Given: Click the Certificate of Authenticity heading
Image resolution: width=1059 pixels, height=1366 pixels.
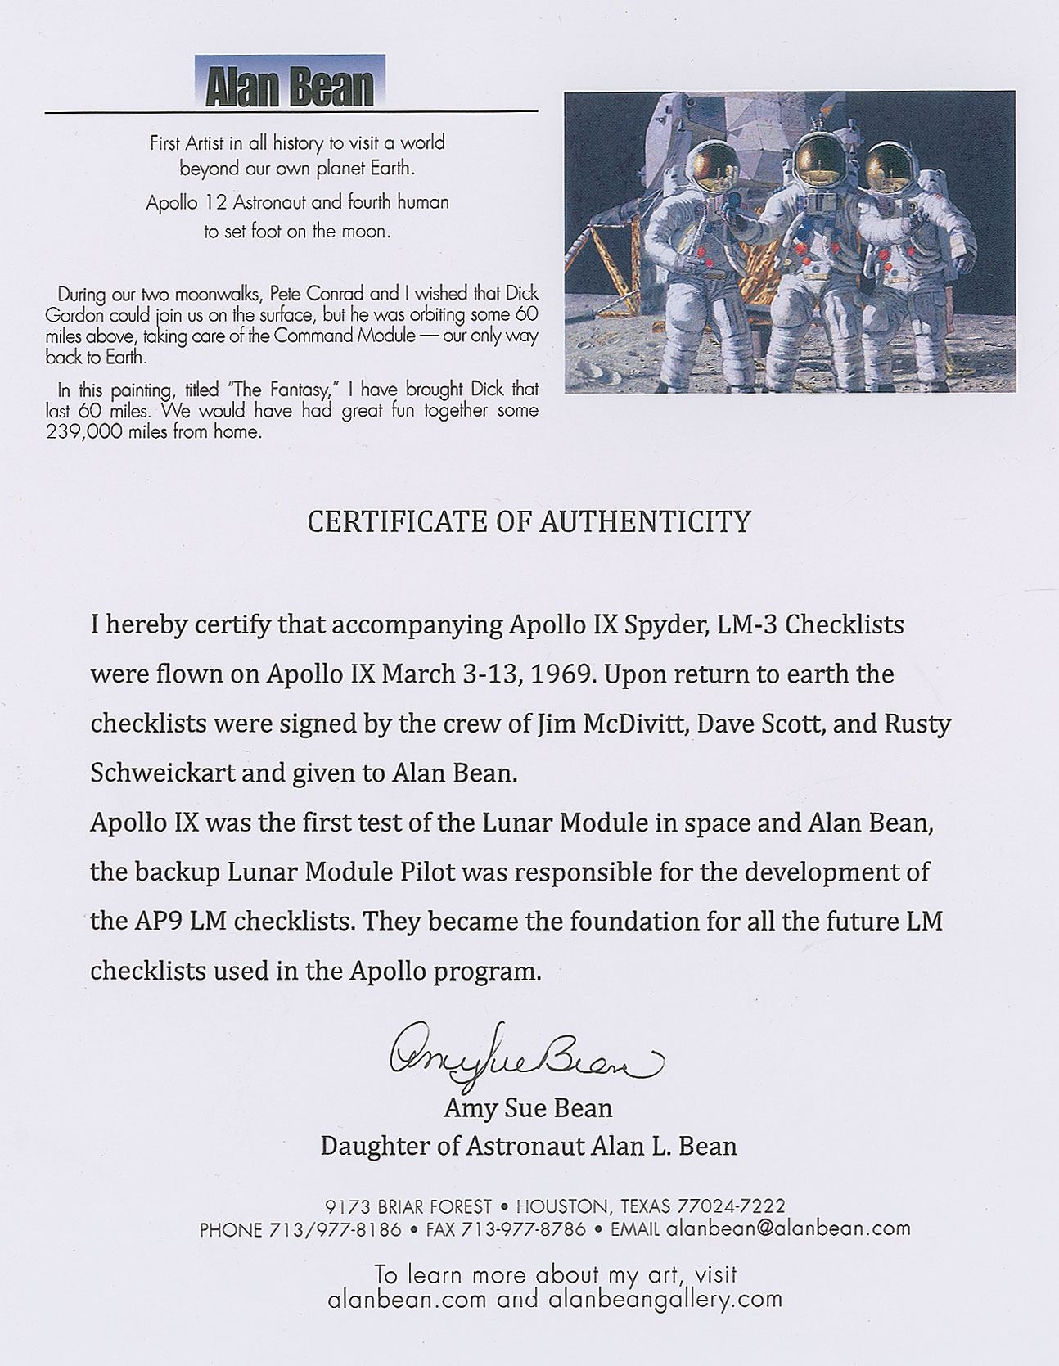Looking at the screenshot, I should point(529,521).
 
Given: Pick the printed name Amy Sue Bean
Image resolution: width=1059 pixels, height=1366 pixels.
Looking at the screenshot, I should point(528,1108).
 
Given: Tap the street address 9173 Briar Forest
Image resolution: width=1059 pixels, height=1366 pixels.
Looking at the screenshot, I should point(408,1206).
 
